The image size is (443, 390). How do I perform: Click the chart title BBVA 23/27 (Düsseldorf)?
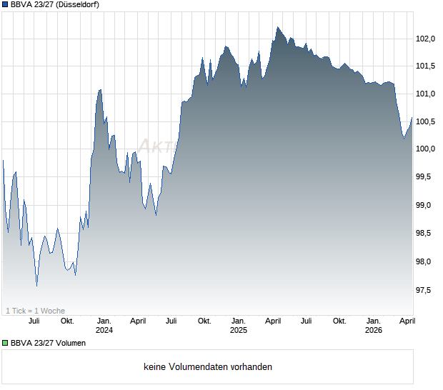(x=55, y=4)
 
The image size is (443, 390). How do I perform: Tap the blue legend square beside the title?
(x=5, y=4)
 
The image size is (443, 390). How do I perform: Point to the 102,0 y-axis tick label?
(x=426, y=39)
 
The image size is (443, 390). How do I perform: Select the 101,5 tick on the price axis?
(x=426, y=66)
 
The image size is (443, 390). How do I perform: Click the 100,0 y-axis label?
(x=426, y=149)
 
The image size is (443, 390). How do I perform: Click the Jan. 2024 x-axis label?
(x=104, y=325)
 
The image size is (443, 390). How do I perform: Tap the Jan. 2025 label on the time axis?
(x=239, y=325)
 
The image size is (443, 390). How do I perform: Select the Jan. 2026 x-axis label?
(x=373, y=325)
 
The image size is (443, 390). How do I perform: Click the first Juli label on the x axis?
(x=33, y=321)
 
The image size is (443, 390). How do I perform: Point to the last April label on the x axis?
(x=406, y=321)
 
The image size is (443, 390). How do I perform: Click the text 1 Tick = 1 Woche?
(x=35, y=311)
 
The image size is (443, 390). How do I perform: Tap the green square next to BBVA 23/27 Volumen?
(x=5, y=343)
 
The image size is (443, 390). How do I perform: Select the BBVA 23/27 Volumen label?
(x=48, y=343)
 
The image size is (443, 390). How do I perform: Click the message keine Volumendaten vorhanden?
(x=208, y=367)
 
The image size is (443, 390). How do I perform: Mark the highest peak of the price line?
(x=278, y=27)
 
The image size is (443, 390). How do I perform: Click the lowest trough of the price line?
(x=37, y=286)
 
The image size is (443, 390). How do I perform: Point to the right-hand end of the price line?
(x=412, y=118)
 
